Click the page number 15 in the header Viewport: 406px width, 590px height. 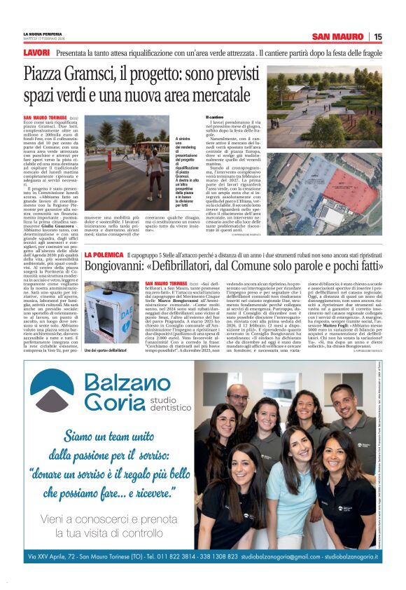point(377,36)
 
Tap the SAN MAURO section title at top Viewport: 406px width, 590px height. point(338,36)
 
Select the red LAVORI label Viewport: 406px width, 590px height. point(36,53)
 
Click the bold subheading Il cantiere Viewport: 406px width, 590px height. point(214,116)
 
